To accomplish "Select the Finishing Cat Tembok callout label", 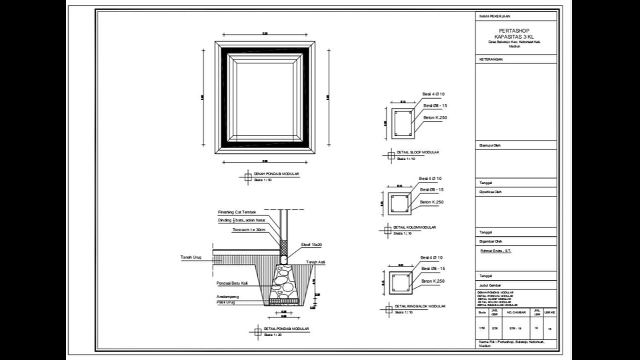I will [x=237, y=212].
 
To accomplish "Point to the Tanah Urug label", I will [x=191, y=256].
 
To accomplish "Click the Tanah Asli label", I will [x=315, y=263].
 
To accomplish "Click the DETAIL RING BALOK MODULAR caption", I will [x=419, y=306].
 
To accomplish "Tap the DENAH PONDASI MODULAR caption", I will [x=277, y=174].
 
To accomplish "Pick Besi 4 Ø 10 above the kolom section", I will [x=430, y=179].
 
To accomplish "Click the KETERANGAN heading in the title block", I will [x=491, y=59].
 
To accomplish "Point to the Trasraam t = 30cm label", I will [x=248, y=230].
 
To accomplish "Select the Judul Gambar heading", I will [x=489, y=285].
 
